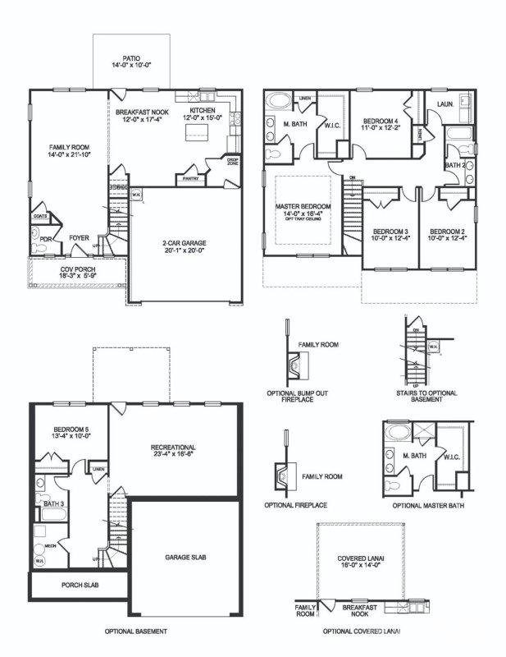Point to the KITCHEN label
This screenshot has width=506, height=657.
click(x=203, y=111)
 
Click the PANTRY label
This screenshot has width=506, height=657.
click(x=194, y=177)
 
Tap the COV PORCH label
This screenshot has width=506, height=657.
click(x=78, y=269)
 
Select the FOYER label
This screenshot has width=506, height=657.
click(x=79, y=238)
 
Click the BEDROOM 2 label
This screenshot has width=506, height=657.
click(x=447, y=232)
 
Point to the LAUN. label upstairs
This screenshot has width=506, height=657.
click(x=447, y=104)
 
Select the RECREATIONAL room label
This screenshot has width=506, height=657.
click(x=178, y=448)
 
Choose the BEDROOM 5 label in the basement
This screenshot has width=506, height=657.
click(x=71, y=430)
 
